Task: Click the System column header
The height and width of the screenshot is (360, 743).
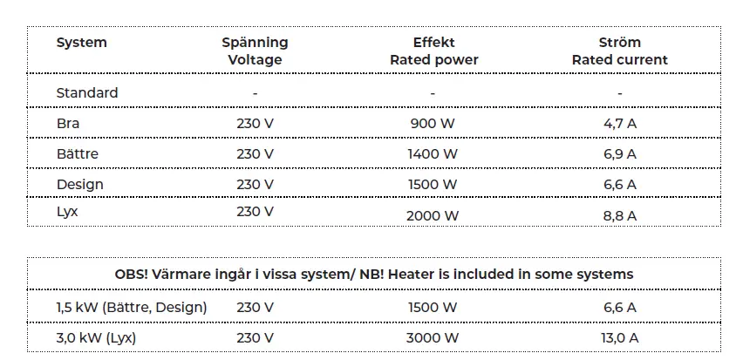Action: (82, 42)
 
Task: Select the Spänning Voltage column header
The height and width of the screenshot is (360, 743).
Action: (255, 51)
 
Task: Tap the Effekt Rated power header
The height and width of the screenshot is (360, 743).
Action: (433, 51)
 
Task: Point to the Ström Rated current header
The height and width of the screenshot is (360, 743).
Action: (619, 51)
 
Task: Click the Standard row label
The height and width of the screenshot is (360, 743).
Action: (87, 92)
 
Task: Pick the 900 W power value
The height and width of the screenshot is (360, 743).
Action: (433, 124)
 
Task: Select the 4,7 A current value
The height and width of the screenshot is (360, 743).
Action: (619, 124)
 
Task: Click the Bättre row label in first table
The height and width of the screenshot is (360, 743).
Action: (78, 154)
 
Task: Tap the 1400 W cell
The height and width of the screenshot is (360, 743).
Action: (433, 154)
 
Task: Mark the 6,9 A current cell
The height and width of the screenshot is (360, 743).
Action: (619, 154)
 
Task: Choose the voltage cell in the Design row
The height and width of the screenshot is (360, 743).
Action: (255, 185)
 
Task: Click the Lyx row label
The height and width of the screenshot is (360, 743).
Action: (67, 211)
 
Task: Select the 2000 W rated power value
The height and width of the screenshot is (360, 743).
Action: (433, 215)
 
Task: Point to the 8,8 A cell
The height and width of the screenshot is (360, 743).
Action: (619, 215)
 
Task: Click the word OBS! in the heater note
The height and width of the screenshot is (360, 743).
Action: (131, 274)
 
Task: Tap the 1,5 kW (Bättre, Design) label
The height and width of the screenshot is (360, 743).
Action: (132, 307)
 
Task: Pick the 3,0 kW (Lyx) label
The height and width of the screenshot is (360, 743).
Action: (97, 337)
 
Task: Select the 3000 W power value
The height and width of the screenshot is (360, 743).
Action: (433, 337)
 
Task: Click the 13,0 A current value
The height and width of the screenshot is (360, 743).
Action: (619, 337)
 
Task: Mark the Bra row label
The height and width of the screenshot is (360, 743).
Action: (68, 124)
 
